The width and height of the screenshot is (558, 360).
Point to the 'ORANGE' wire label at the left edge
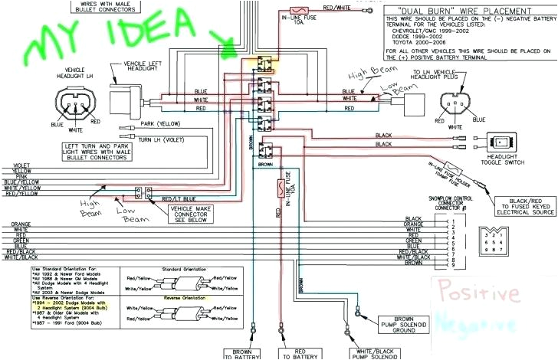(21, 224)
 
